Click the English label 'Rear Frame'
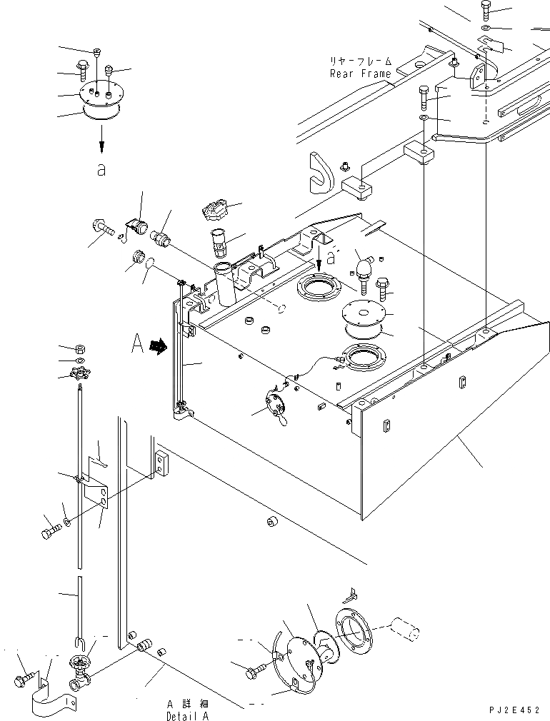coord(360,74)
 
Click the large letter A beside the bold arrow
coord(138,346)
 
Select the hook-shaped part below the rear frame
coord(319,172)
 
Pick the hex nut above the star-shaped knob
coord(81,348)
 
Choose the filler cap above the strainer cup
coord(215,211)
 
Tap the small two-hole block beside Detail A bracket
coord(161,463)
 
